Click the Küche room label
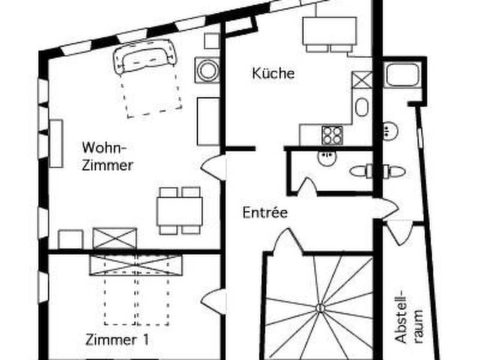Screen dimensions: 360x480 273,73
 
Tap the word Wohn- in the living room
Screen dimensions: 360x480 104,148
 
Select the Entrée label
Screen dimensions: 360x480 264,212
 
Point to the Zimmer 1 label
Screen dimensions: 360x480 117,340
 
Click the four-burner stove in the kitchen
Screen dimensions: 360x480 332,135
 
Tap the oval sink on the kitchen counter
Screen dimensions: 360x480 361,107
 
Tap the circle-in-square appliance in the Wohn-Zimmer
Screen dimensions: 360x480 206,70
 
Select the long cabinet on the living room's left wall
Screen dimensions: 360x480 56,143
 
